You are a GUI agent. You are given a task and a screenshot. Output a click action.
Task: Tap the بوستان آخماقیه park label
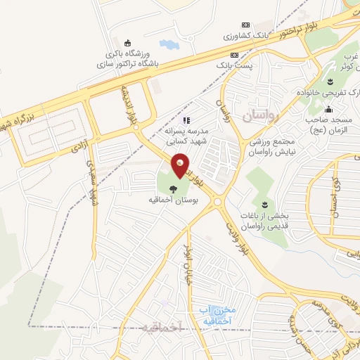click(x=173, y=200)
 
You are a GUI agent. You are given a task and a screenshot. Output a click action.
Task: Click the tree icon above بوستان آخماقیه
click(x=173, y=188)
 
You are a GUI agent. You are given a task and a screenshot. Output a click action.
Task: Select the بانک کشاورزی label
click(x=247, y=34)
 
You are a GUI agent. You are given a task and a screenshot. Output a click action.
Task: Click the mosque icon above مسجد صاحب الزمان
click(x=328, y=109)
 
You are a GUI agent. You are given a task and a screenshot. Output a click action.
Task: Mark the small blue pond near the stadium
click(x=169, y=45)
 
